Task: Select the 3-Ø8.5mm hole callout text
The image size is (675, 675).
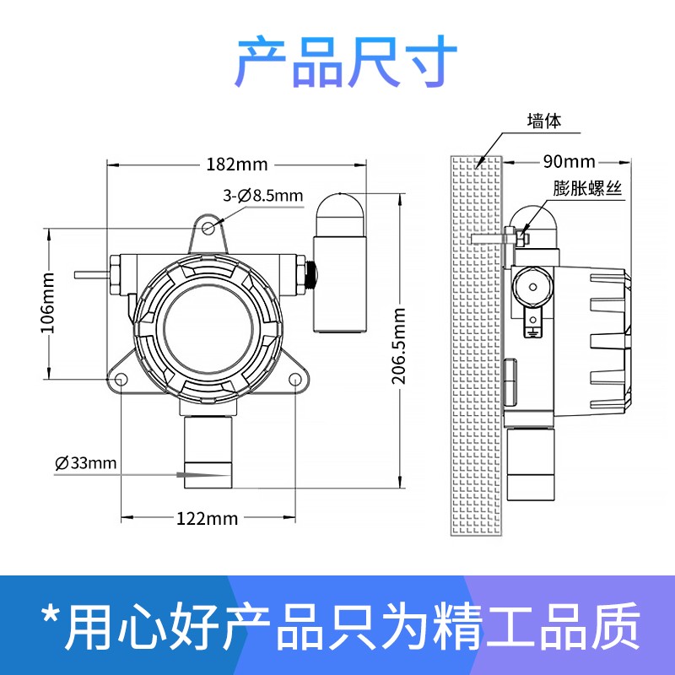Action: [x=262, y=196]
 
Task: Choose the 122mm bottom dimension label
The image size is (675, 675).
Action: [x=207, y=518]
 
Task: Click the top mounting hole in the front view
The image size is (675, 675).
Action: [x=208, y=227]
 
